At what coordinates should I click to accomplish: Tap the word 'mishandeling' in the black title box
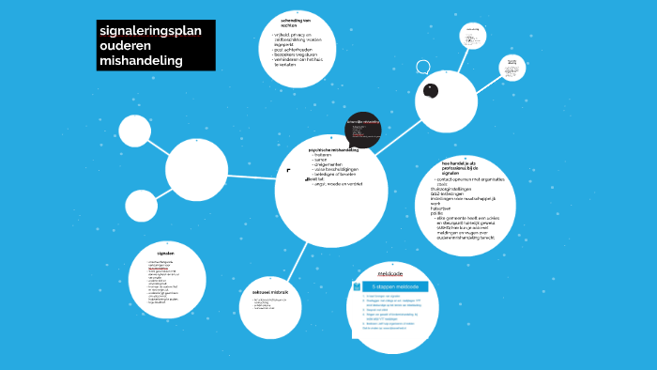[x=141, y=60]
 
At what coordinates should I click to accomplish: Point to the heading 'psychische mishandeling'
[x=332, y=149]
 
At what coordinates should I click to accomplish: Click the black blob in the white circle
[x=431, y=91]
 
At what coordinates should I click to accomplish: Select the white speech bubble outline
[x=423, y=68]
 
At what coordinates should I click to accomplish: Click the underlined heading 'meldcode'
[x=390, y=273]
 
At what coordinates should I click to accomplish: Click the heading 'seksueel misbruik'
[x=270, y=293]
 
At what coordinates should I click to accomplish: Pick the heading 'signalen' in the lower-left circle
[x=166, y=254]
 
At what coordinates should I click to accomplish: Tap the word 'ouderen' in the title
[x=125, y=46]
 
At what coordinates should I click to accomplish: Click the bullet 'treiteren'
[x=326, y=155]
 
